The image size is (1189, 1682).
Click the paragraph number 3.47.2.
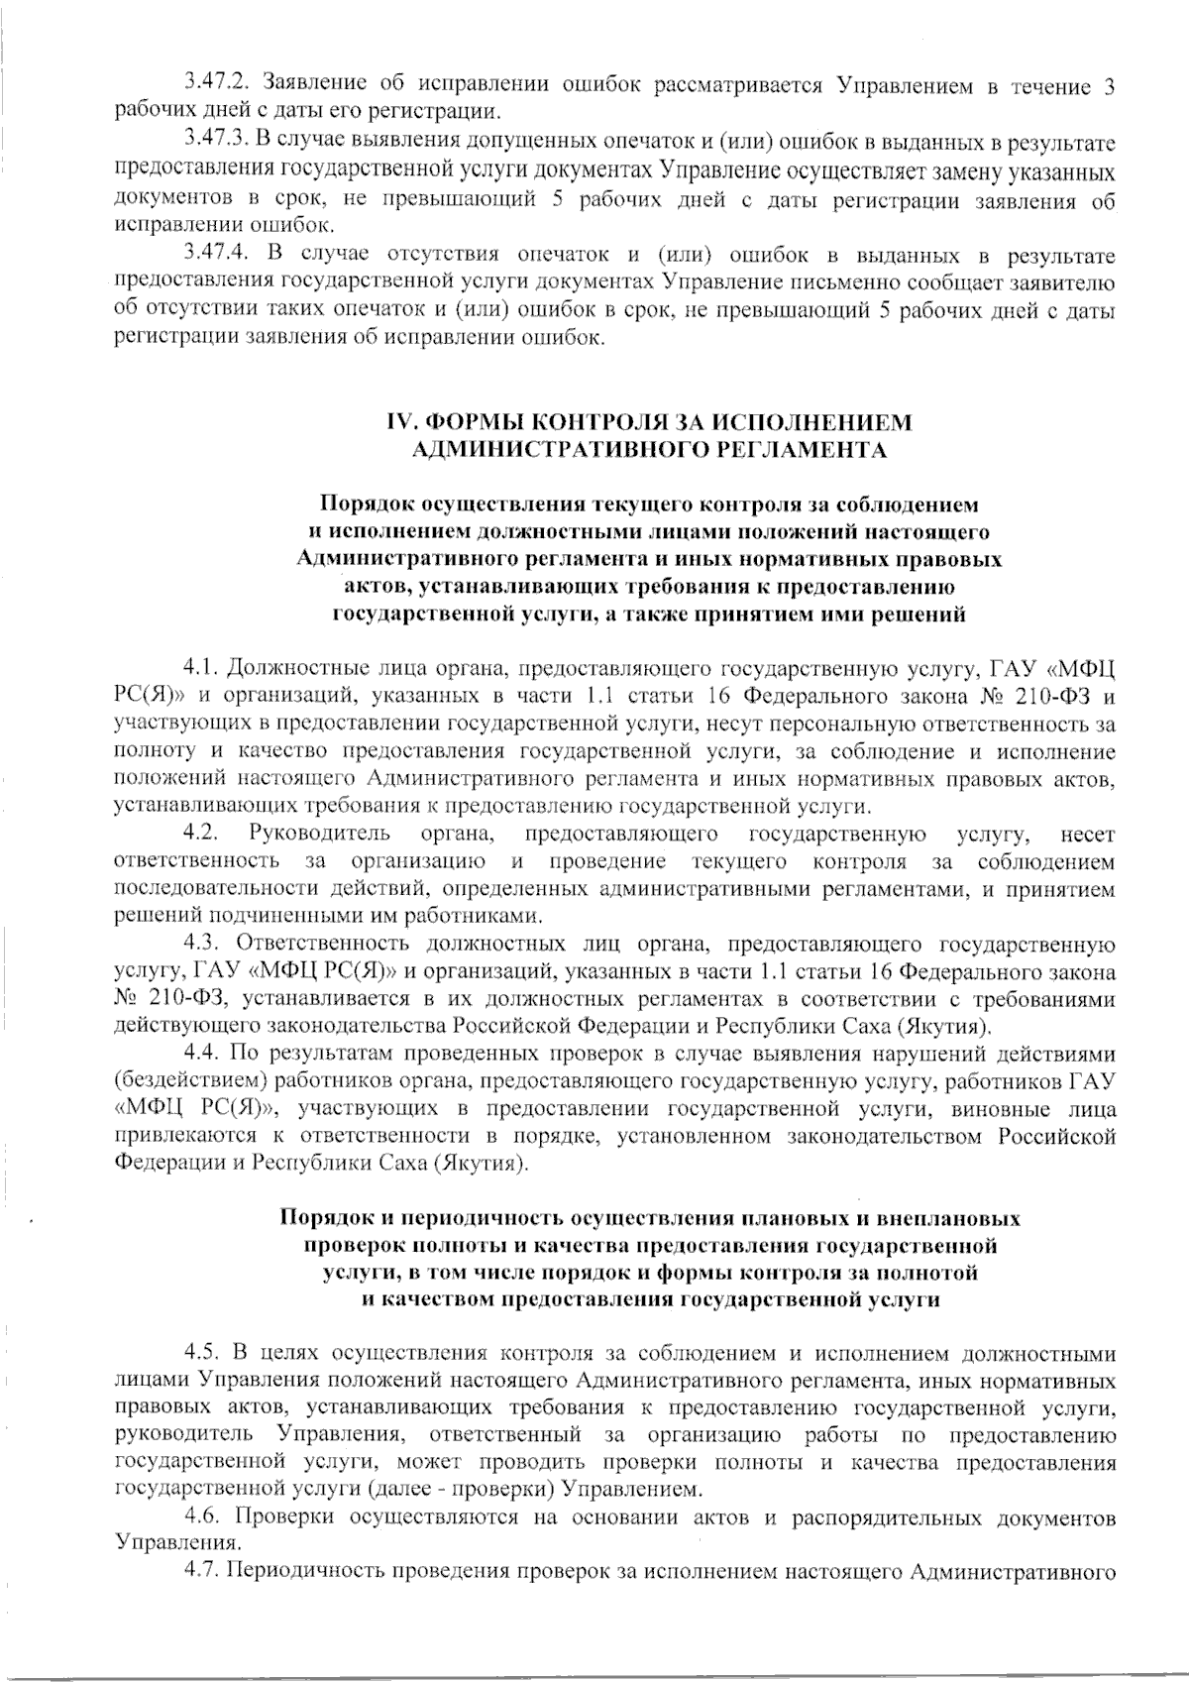[218, 86]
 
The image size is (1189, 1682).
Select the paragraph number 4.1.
[201, 664]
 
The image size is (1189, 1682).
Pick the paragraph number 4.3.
[201, 942]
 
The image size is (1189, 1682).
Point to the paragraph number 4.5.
[201, 1352]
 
